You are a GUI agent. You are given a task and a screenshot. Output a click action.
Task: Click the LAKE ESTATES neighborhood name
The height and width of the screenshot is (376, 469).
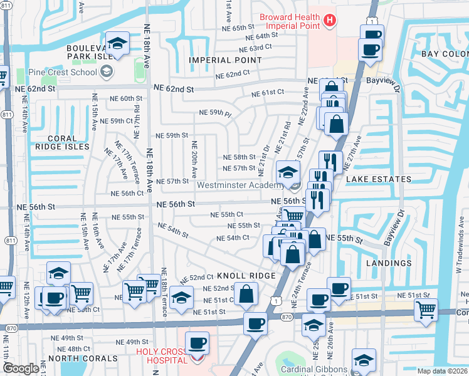(x=378, y=179)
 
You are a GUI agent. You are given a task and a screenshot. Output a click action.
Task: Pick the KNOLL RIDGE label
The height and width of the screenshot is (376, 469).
(x=246, y=276)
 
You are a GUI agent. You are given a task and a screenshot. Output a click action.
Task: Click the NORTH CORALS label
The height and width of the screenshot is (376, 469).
(x=83, y=359)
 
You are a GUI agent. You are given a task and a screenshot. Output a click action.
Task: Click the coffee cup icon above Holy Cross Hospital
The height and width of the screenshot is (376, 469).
(x=198, y=343)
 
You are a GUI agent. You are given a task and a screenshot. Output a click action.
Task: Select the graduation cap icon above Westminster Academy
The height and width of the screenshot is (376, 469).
(x=288, y=171)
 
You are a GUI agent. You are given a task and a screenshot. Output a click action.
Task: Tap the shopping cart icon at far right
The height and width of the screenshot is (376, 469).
(x=426, y=308)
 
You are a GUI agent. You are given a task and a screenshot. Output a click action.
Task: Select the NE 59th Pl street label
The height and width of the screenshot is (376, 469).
(x=215, y=113)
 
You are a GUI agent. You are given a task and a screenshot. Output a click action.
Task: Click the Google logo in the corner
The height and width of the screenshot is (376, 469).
(x=21, y=368)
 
